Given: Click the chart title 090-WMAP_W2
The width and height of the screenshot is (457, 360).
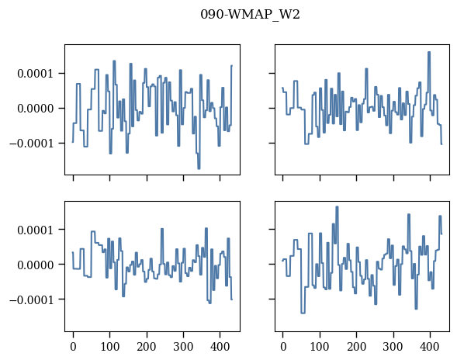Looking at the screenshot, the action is point(250,14).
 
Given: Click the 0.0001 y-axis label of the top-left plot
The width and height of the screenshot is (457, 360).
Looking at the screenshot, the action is point(36,74).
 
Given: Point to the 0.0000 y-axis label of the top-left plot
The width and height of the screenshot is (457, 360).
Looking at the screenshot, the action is point(36,109).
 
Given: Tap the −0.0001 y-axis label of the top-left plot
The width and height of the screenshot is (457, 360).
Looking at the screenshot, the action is point(32,144).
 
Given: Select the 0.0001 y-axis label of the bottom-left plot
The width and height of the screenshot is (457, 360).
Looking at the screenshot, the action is point(36,230).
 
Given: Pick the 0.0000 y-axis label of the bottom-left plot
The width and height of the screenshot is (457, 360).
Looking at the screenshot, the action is point(36,265).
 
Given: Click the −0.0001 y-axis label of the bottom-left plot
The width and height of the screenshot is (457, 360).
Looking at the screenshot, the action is point(32,300).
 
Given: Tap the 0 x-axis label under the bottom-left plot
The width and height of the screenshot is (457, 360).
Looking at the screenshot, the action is point(73,347).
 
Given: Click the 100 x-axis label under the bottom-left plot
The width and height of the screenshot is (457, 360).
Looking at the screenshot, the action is point(110,347).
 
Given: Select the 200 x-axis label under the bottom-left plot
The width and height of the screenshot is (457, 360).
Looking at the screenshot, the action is point(147,347).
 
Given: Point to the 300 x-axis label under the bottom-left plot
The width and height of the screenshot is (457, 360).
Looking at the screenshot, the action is point(183,347).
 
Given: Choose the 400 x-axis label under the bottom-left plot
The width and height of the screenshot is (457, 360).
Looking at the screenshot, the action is point(220,347).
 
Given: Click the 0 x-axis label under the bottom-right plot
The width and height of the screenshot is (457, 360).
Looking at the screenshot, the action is point(283,347).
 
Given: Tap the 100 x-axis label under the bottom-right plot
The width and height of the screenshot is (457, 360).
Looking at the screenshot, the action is point(320,347).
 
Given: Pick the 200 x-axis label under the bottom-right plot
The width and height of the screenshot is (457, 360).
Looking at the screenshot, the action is point(356,347).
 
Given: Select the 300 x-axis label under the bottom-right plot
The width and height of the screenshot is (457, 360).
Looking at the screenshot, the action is point(393,347).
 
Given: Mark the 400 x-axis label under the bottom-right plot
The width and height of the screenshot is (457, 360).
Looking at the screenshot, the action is point(430,347).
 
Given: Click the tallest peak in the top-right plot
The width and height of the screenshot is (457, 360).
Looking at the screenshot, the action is point(429,52).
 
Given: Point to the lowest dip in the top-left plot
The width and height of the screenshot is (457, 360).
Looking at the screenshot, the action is point(199,168).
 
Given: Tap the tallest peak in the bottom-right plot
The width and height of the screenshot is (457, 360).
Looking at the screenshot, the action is point(337,207).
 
